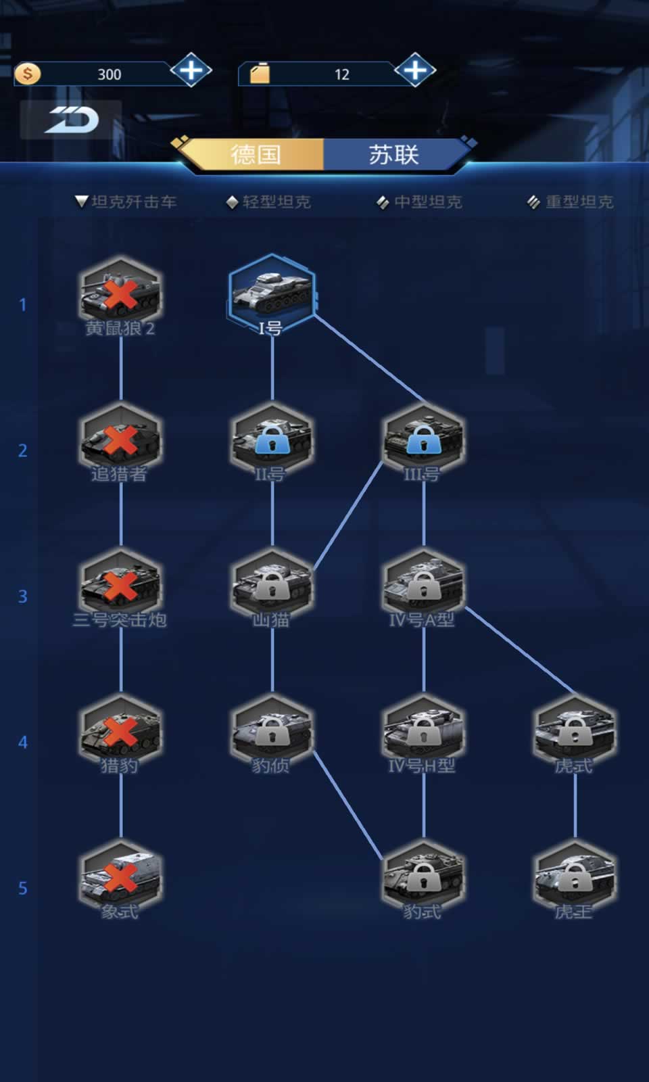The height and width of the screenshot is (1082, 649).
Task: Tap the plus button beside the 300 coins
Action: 191,70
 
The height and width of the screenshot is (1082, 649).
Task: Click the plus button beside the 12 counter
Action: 415,70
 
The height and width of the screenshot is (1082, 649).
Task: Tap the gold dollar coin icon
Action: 27,73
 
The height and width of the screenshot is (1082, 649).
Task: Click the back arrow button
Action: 71,120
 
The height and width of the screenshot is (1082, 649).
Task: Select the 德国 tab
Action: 256,155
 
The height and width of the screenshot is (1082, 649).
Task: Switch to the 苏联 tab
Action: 393,155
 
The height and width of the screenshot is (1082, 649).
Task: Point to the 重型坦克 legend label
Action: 579,202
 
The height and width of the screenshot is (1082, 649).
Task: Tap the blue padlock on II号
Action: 272,440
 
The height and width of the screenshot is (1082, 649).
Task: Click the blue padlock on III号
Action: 423,440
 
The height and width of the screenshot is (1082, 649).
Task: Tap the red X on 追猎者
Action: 120,440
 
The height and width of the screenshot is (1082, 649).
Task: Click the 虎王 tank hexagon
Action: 575,878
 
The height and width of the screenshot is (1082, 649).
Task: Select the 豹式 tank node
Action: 423,878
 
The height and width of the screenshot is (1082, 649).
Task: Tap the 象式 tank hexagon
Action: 120,878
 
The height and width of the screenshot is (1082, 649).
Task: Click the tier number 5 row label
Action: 23,888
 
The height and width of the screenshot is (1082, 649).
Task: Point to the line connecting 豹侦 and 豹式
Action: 348,805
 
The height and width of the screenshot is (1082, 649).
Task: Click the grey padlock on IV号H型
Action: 423,732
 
